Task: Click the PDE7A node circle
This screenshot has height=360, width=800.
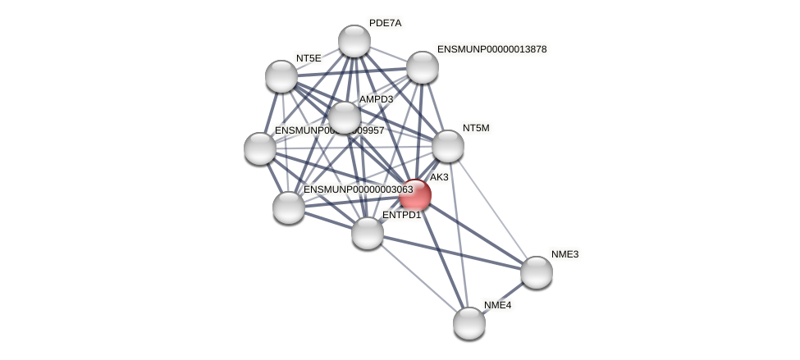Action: [x=354, y=41]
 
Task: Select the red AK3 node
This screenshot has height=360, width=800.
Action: [x=415, y=195]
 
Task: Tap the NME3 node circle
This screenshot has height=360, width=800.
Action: [x=536, y=272]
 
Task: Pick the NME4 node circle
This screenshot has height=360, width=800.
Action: [x=469, y=322]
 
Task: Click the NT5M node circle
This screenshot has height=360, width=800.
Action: [x=448, y=146]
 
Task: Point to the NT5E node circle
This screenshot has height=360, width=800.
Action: [x=281, y=76]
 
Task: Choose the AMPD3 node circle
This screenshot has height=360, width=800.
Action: [x=345, y=117]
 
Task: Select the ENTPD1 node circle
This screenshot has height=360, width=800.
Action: [x=368, y=233]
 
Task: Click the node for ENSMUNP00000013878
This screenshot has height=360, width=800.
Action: [x=423, y=67]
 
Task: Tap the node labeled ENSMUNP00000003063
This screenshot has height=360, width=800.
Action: [x=289, y=207]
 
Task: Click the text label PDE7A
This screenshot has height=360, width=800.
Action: [x=385, y=23]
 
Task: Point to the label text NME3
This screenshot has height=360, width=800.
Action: [x=565, y=254]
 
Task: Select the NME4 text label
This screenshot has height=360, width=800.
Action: [x=497, y=305]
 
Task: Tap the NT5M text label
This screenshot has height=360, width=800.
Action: [x=476, y=128]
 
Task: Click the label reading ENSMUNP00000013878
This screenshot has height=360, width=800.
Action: [x=491, y=49]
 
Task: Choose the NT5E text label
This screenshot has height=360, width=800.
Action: [x=309, y=58]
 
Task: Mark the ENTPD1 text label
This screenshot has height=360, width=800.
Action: [x=401, y=215]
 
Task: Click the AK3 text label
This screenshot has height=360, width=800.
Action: [x=439, y=177]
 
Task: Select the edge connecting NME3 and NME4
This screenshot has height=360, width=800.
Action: [x=503, y=297]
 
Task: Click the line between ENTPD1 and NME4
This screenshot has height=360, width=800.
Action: [x=418, y=277]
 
